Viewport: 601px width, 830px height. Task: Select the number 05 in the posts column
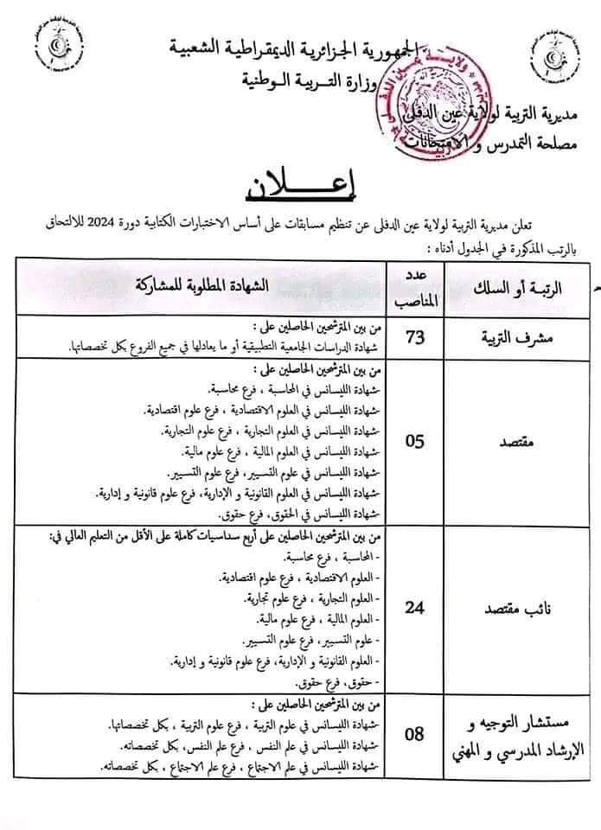[x=415, y=441]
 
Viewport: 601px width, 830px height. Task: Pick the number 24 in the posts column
[x=415, y=607]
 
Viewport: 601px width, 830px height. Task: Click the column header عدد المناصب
[x=415, y=287]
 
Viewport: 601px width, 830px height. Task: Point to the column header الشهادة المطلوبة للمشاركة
[x=216, y=286]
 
